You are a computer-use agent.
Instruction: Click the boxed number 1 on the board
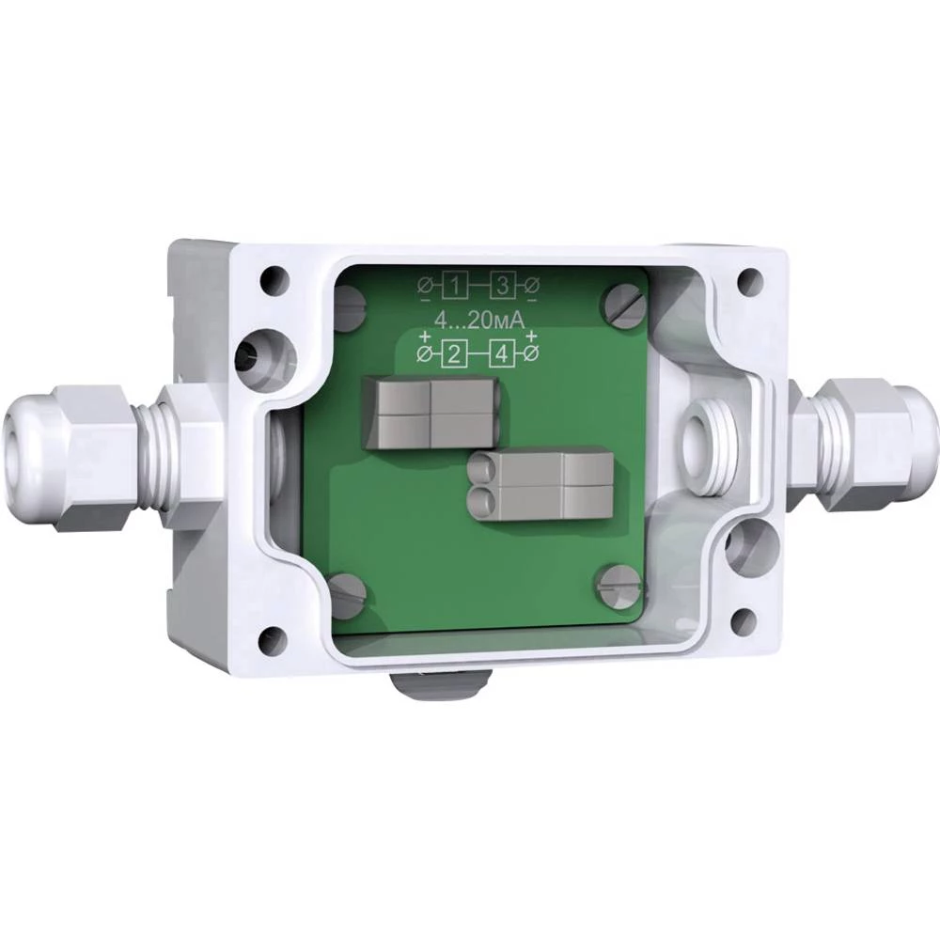(x=455, y=285)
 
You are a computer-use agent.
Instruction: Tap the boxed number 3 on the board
(x=504, y=285)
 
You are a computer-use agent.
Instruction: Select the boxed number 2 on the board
(x=453, y=353)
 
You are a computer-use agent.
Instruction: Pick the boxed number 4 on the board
(x=504, y=353)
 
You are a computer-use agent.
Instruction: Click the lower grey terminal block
(x=541, y=483)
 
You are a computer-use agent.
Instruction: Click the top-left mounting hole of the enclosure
(x=271, y=278)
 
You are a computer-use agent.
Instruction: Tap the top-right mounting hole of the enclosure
(x=749, y=278)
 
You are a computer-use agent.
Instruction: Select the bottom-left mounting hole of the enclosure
(x=273, y=641)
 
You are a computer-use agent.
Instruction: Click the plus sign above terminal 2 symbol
(x=425, y=337)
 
